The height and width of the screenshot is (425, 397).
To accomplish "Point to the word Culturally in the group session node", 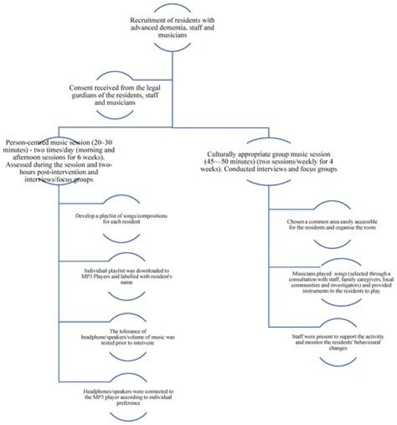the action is [x=221, y=155].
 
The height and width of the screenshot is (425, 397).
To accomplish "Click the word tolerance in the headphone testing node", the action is [x=130, y=331].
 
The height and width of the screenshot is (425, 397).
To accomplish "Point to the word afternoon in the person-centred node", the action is [x=25, y=157].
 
